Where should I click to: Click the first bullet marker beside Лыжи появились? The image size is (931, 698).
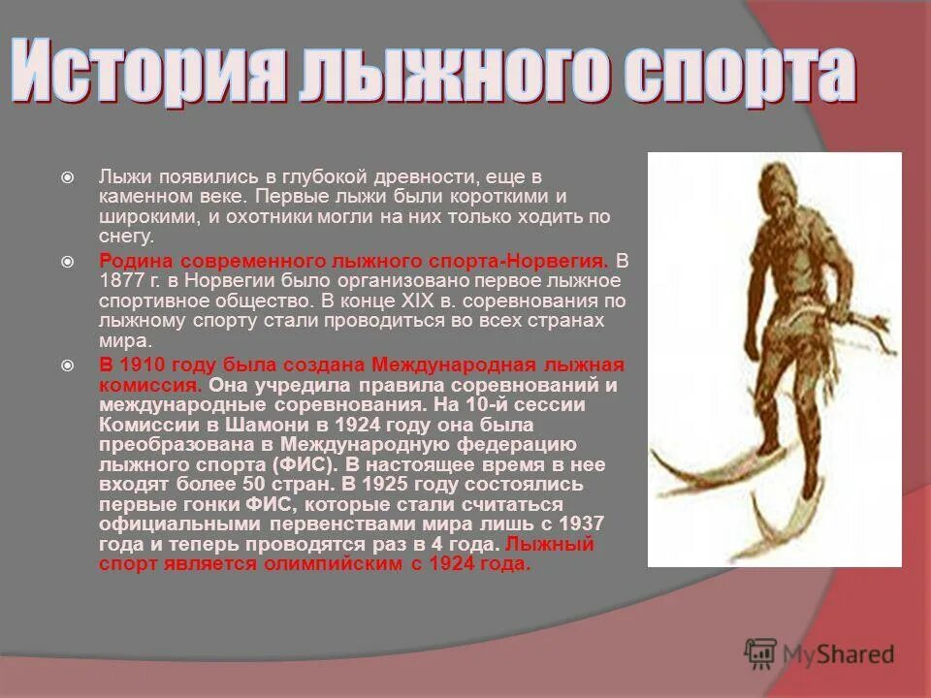67,177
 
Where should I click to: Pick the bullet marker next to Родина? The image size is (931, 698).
67,262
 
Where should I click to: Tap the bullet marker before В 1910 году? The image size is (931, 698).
67,365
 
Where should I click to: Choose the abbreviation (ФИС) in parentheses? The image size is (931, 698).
300,464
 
